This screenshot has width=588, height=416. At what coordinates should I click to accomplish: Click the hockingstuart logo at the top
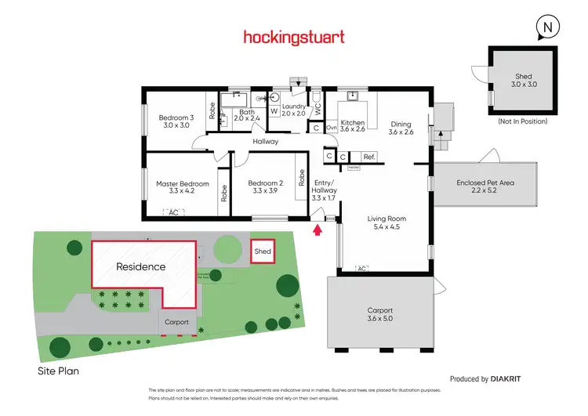(x=294, y=37)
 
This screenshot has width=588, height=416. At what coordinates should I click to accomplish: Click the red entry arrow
(x=318, y=230)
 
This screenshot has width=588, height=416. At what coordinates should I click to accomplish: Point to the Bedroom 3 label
(x=171, y=121)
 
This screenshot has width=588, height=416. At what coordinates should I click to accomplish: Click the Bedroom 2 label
(x=267, y=186)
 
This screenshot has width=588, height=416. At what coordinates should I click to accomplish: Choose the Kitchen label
(x=352, y=127)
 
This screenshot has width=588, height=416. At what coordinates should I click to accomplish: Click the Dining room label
(x=400, y=128)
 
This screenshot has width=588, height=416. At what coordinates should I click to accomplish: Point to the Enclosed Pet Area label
(x=485, y=186)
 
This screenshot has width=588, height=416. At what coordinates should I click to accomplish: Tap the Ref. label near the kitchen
(x=370, y=157)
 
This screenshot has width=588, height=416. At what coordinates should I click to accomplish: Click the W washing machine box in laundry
(x=274, y=110)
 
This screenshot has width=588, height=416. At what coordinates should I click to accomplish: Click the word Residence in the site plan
(x=141, y=266)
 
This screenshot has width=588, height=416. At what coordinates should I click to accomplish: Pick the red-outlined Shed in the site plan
(x=263, y=251)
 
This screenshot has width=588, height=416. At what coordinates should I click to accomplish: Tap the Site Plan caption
(x=58, y=372)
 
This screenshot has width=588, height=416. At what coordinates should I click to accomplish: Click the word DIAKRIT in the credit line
(x=506, y=378)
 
